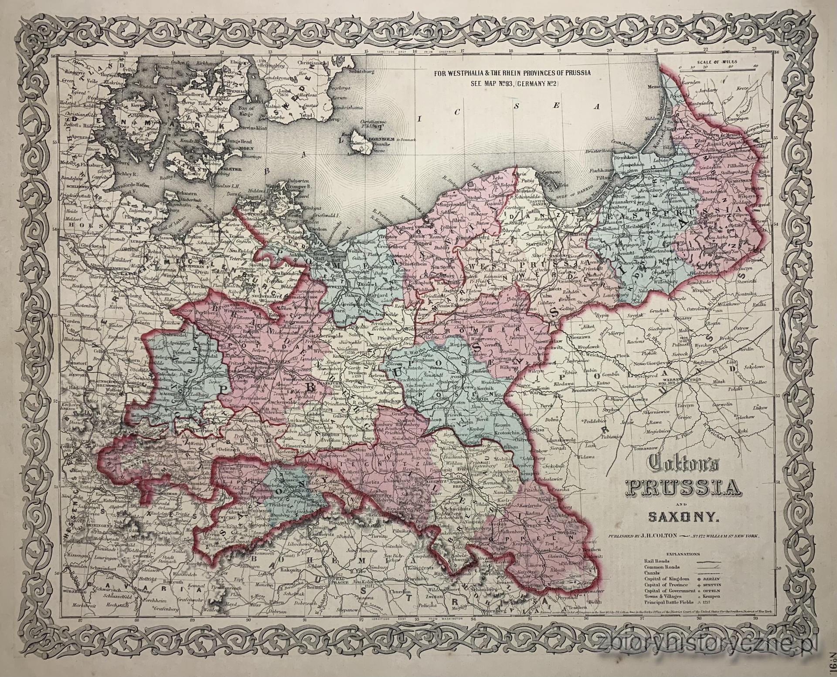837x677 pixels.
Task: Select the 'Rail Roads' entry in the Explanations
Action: point(657,561)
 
